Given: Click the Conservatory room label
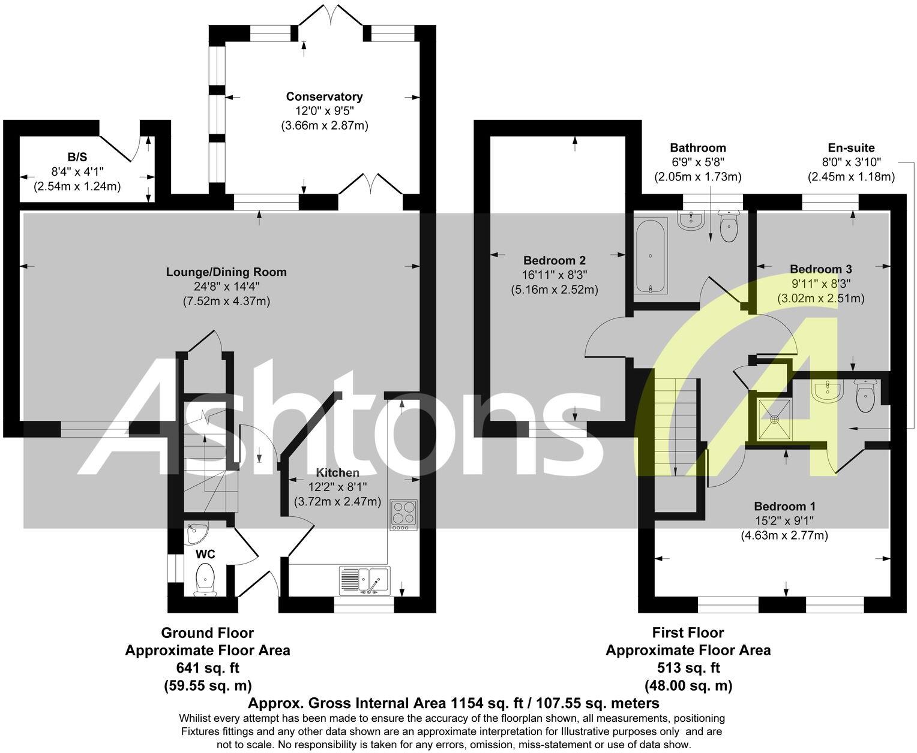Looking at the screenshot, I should pyautogui.click(x=324, y=97).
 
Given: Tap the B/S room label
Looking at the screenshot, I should pyautogui.click(x=77, y=157).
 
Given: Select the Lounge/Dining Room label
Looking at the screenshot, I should pyautogui.click(x=226, y=272).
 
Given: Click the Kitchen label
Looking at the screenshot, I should pyautogui.click(x=337, y=473).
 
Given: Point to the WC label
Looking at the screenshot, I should pyautogui.click(x=205, y=553).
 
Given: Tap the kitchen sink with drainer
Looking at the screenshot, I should pyautogui.click(x=364, y=580).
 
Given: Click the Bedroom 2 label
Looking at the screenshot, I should pyautogui.click(x=554, y=261).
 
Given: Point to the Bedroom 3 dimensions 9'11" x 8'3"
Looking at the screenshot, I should pyautogui.click(x=820, y=283).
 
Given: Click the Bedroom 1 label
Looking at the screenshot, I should pyautogui.click(x=784, y=506).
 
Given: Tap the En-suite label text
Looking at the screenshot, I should pyautogui.click(x=851, y=147).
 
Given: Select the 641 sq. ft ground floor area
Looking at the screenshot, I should pyautogui.click(x=207, y=668).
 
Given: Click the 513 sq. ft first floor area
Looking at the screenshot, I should pyautogui.click(x=688, y=668).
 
